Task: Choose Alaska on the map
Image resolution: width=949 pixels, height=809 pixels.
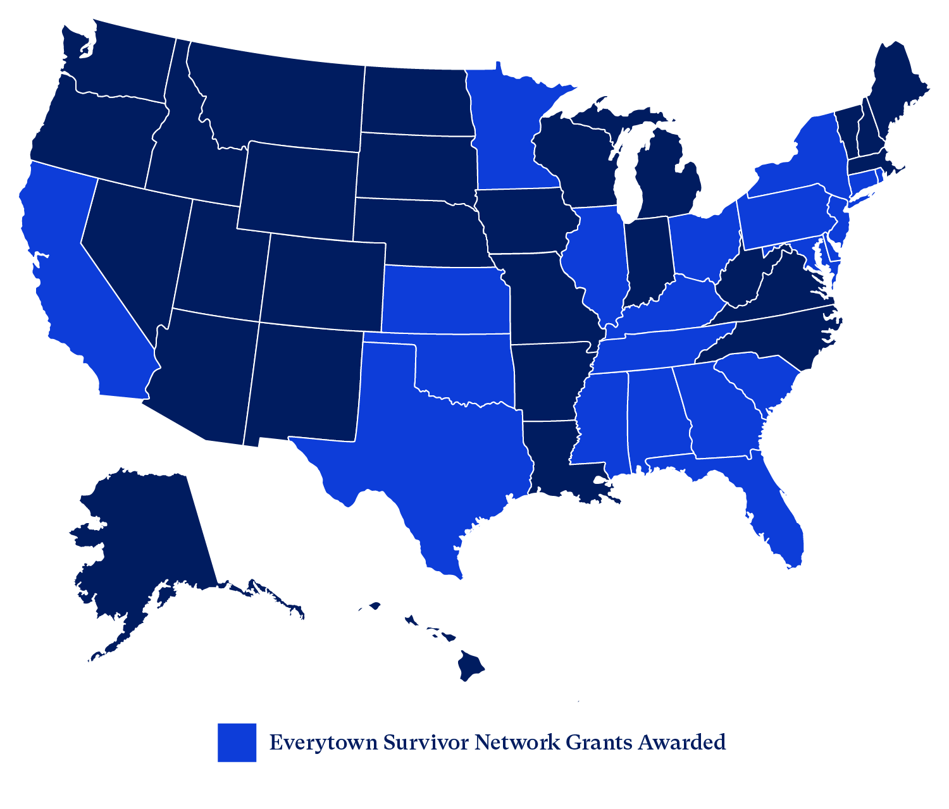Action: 146,544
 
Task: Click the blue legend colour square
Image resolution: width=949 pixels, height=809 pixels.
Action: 237,742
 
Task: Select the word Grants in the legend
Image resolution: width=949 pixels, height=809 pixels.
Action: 599,742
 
